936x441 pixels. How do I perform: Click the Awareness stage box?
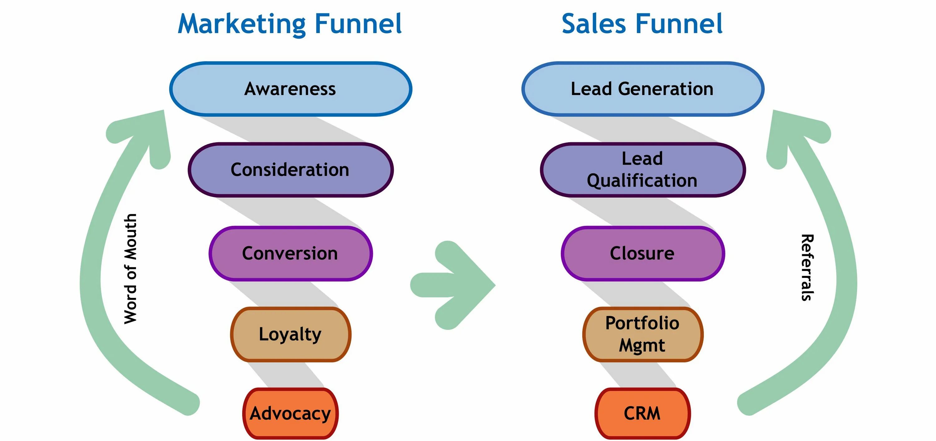(x=291, y=89)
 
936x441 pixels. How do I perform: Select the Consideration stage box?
(x=291, y=170)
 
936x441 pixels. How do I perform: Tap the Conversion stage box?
(x=291, y=253)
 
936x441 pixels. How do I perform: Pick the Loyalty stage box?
(x=291, y=334)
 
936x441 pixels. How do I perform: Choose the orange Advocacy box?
(x=291, y=413)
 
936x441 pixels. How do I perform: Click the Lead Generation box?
(x=642, y=89)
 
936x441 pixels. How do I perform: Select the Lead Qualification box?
(x=642, y=170)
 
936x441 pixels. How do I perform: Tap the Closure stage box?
(x=642, y=253)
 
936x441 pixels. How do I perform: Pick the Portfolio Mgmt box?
(x=642, y=334)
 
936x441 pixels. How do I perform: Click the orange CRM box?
(x=642, y=413)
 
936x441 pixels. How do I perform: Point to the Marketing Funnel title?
(x=290, y=24)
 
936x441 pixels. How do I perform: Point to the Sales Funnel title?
(x=642, y=24)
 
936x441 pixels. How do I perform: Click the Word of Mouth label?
(x=130, y=269)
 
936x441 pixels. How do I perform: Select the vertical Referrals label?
(x=807, y=267)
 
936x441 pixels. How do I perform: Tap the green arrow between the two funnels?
(x=454, y=285)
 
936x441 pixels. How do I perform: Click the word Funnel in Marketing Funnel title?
(x=358, y=24)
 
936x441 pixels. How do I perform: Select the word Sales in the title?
(x=594, y=24)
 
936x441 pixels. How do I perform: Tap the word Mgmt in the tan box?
(x=642, y=345)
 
